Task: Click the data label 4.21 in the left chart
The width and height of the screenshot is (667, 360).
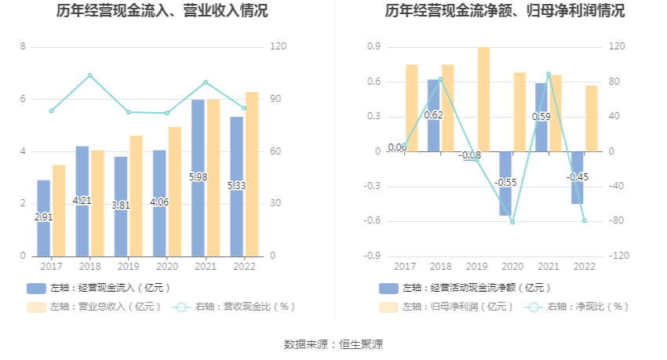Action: (82, 201)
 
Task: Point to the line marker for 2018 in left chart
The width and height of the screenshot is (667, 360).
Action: (89, 75)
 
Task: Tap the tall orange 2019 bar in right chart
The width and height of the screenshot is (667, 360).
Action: (483, 98)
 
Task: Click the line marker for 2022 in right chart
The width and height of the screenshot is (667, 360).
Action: (585, 220)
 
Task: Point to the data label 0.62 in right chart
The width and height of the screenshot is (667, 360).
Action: (433, 115)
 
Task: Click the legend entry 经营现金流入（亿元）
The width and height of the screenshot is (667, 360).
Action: (98, 288)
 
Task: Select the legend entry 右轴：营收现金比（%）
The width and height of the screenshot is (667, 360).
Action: (235, 307)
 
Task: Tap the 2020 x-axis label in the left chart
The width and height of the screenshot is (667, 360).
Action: (166, 267)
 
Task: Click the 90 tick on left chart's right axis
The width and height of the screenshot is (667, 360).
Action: (277, 99)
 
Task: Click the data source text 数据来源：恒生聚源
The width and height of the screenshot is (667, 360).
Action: (333, 344)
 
